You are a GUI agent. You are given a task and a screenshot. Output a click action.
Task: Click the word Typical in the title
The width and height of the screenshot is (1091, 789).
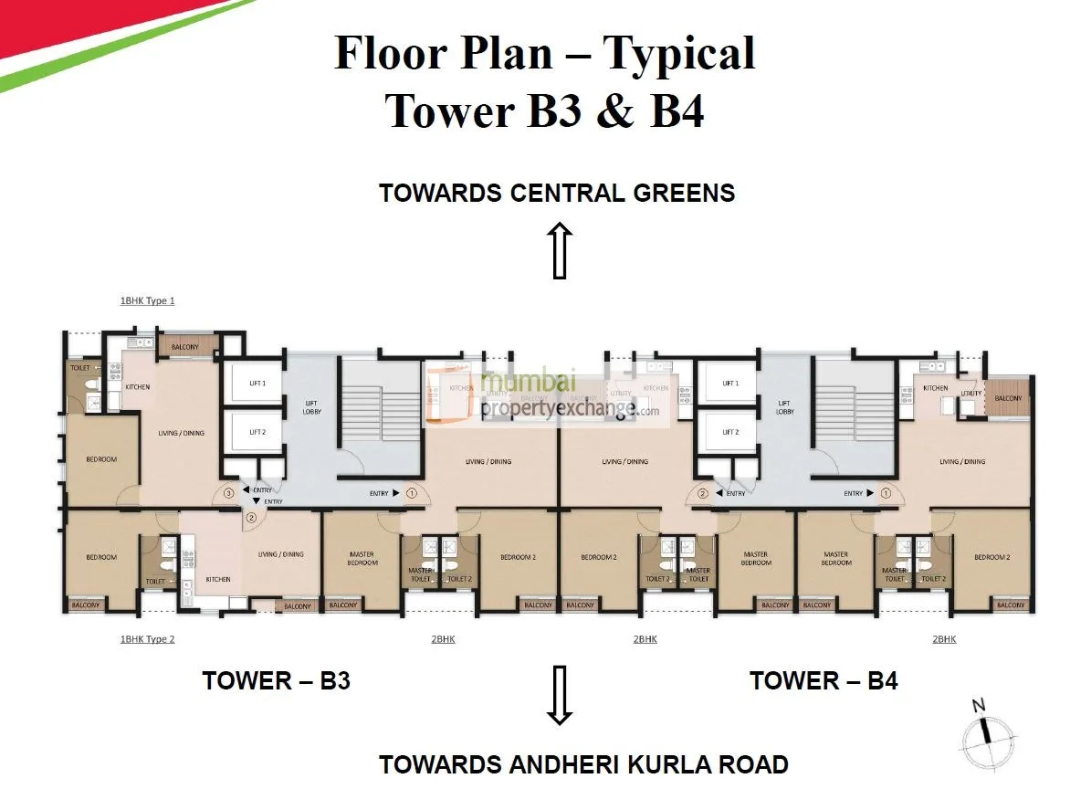(x=679, y=52)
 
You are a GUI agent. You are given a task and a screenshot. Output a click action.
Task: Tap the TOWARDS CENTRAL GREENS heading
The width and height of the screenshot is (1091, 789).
(x=557, y=194)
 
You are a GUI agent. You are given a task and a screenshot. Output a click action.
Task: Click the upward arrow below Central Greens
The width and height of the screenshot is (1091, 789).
(x=559, y=250)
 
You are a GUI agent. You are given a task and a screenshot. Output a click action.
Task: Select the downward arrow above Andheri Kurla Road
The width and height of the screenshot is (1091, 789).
(x=559, y=695)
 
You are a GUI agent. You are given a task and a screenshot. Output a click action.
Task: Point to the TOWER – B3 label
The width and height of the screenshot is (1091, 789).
(x=276, y=681)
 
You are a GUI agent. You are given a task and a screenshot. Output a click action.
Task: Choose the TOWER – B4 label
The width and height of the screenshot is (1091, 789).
(x=823, y=681)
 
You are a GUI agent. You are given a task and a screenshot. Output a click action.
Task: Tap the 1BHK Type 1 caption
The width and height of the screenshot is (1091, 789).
(x=147, y=300)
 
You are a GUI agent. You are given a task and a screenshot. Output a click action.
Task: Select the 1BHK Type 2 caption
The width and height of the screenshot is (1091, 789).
(x=147, y=639)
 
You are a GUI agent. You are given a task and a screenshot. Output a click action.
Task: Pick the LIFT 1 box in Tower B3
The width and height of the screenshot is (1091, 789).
(x=257, y=384)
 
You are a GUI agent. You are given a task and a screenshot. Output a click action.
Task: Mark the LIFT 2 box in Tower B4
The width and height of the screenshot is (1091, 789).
(x=729, y=432)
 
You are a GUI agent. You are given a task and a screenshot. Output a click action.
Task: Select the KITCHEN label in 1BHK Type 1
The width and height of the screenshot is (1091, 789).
(x=138, y=387)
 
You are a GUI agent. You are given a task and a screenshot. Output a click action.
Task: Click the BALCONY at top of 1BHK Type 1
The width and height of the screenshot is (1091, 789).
(x=188, y=347)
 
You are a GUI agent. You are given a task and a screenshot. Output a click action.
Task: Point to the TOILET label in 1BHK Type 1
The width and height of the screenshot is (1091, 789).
(x=79, y=367)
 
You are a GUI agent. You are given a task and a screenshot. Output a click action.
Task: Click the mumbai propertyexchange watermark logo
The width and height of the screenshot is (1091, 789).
(x=548, y=394)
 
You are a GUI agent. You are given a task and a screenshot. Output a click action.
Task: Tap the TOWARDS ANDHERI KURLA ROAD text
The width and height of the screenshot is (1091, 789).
(x=583, y=763)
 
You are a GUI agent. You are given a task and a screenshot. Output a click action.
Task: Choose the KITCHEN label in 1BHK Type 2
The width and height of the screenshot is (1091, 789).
(x=218, y=579)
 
